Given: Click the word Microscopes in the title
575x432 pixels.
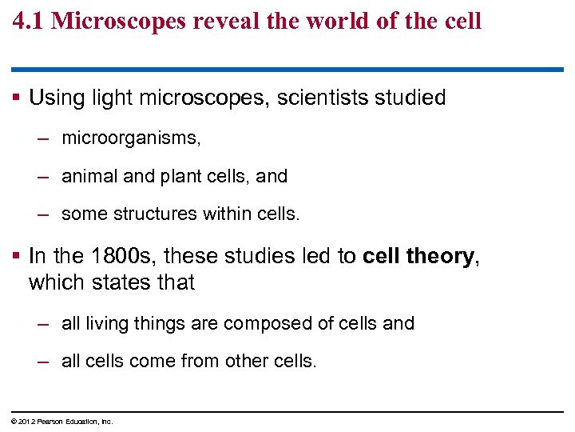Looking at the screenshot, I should (x=120, y=21).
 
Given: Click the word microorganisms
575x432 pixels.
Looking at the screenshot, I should (x=131, y=138).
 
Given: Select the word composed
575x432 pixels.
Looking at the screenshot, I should (x=259, y=323).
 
